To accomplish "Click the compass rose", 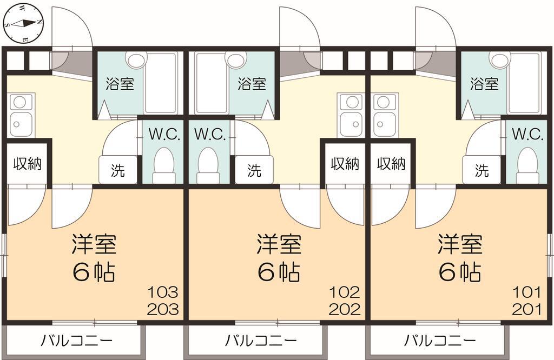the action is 23,24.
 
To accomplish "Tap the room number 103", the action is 162,292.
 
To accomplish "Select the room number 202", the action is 345,310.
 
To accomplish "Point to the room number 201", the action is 526,310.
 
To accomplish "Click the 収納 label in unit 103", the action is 28,164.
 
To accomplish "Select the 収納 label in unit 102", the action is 345,164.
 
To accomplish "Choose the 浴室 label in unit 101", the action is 484,84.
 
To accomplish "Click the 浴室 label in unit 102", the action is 252,84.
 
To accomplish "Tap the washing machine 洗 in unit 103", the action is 118,170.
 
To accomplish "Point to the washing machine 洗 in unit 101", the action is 482,170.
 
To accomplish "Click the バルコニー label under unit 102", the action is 261,341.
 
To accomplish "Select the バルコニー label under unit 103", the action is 77,341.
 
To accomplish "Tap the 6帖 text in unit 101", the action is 460,272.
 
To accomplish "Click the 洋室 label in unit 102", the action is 279,244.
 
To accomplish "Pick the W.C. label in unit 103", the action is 164,134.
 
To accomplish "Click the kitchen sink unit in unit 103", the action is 22,115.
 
